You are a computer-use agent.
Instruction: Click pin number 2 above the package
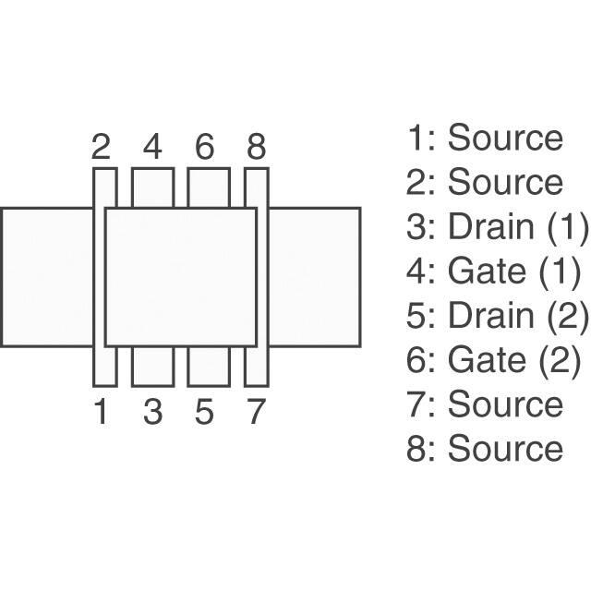(x=102, y=147)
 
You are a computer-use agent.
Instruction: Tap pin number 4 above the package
(x=152, y=147)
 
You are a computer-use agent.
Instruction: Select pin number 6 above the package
(x=205, y=147)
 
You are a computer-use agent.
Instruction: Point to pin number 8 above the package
(x=256, y=147)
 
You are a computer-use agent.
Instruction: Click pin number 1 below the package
(x=102, y=412)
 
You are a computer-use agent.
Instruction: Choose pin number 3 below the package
(x=152, y=412)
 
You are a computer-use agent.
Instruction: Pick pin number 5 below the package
(x=205, y=412)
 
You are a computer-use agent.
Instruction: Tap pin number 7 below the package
(x=256, y=412)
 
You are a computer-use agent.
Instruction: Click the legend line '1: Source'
(x=485, y=138)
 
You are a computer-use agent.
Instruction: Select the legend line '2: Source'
(x=485, y=182)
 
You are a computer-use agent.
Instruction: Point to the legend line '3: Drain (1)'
(x=497, y=226)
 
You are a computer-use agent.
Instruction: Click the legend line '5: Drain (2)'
(x=497, y=315)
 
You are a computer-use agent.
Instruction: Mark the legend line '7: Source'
(x=485, y=404)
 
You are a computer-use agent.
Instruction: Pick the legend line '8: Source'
(x=485, y=448)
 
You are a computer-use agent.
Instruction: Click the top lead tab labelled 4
(x=152, y=187)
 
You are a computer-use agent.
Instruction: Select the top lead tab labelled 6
(x=209, y=187)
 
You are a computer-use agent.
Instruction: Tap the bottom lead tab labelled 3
(x=152, y=367)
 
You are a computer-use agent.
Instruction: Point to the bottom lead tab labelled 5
(x=209, y=367)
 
